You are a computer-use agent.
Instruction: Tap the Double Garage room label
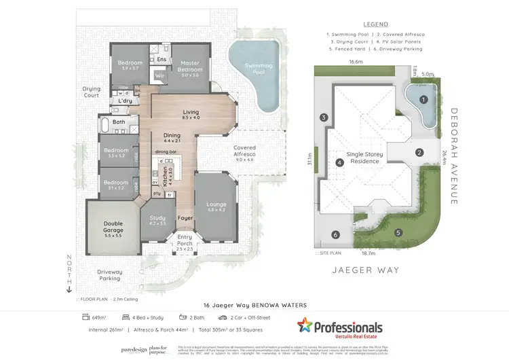click(109, 226)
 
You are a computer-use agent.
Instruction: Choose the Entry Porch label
click(185, 239)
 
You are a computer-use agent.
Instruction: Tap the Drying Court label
click(91, 91)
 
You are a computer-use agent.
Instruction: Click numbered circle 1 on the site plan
click(423, 99)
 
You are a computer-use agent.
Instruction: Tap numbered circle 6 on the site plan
click(335, 235)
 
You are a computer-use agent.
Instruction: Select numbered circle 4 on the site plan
click(339, 162)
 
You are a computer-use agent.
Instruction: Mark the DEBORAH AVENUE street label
click(454, 156)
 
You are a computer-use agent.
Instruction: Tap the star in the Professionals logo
click(306, 326)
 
